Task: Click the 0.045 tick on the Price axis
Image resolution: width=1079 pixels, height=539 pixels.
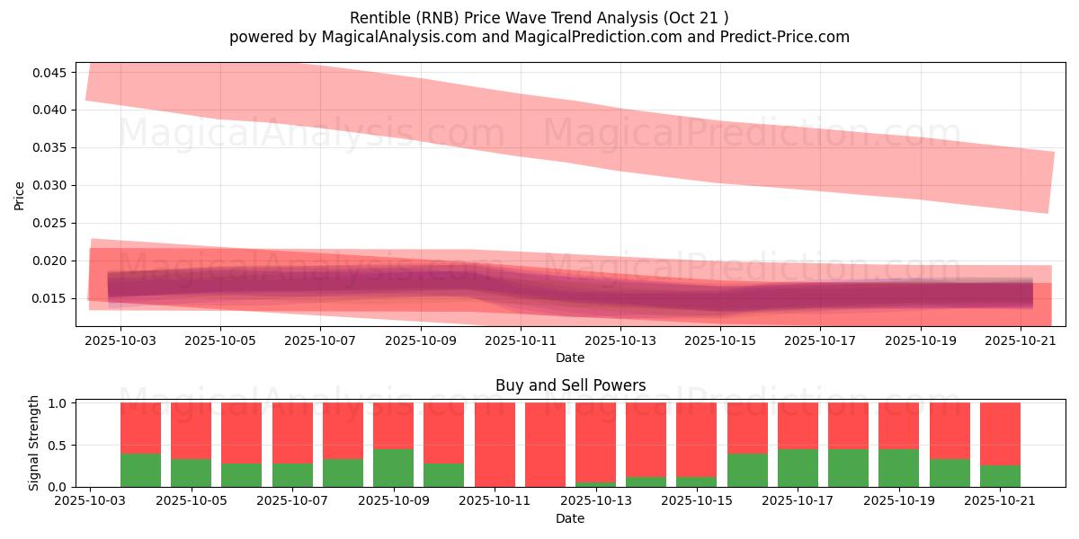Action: (x=49, y=73)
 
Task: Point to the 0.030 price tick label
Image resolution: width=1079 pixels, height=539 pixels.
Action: (x=49, y=186)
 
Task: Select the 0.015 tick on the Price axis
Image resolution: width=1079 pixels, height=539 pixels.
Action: (x=49, y=299)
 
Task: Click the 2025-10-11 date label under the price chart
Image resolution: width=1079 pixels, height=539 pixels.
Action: (x=521, y=340)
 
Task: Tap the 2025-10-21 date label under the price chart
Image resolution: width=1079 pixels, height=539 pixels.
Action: (x=1021, y=340)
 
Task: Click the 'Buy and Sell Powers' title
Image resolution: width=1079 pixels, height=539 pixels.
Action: (x=570, y=385)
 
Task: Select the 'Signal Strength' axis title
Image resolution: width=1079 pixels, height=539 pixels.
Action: (x=33, y=443)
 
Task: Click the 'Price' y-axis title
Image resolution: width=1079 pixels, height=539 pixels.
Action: (x=19, y=196)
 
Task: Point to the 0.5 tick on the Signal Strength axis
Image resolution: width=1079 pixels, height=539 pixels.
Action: (x=58, y=446)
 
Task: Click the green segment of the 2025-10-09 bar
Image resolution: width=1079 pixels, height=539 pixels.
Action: (x=393, y=468)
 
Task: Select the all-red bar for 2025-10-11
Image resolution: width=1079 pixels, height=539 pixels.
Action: (x=495, y=445)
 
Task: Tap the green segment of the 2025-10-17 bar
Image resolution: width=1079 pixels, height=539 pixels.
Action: (x=798, y=468)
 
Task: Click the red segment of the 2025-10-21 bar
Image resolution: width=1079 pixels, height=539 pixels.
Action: (x=1000, y=434)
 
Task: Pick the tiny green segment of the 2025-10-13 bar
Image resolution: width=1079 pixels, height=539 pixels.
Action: (x=595, y=484)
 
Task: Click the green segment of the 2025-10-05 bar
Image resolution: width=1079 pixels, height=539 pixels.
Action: (x=191, y=473)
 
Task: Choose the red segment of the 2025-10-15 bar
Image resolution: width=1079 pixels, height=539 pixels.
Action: (x=697, y=440)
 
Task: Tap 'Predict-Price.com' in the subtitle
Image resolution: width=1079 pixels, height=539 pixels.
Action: (x=785, y=37)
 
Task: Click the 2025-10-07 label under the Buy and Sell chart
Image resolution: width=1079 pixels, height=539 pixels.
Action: (x=292, y=501)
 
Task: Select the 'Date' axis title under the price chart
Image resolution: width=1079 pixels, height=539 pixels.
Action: (x=570, y=358)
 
